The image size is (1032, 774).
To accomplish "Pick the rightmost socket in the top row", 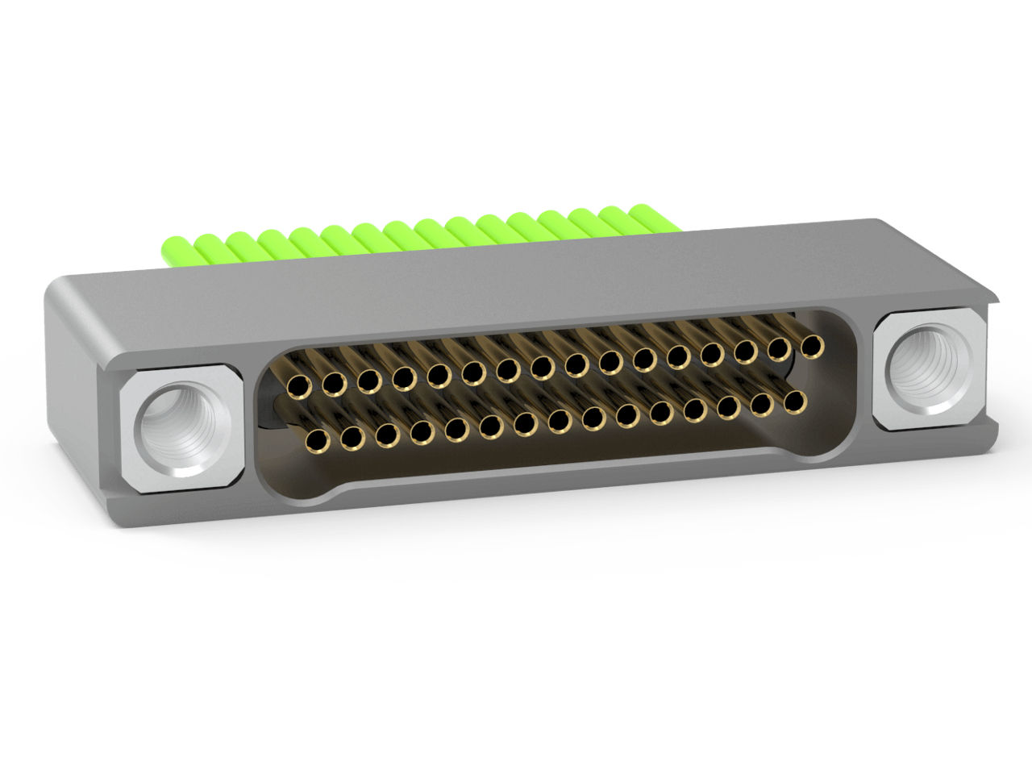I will [x=811, y=347].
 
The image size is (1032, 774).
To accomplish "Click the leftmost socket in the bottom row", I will [x=317, y=440].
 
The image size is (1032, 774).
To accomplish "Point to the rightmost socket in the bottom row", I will [x=795, y=401].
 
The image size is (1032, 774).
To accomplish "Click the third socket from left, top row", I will [x=368, y=381].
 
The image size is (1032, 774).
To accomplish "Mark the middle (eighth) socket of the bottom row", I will [x=558, y=420].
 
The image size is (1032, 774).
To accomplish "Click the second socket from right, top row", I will [x=778, y=349].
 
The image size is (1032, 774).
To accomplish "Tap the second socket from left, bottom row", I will [x=352, y=438].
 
